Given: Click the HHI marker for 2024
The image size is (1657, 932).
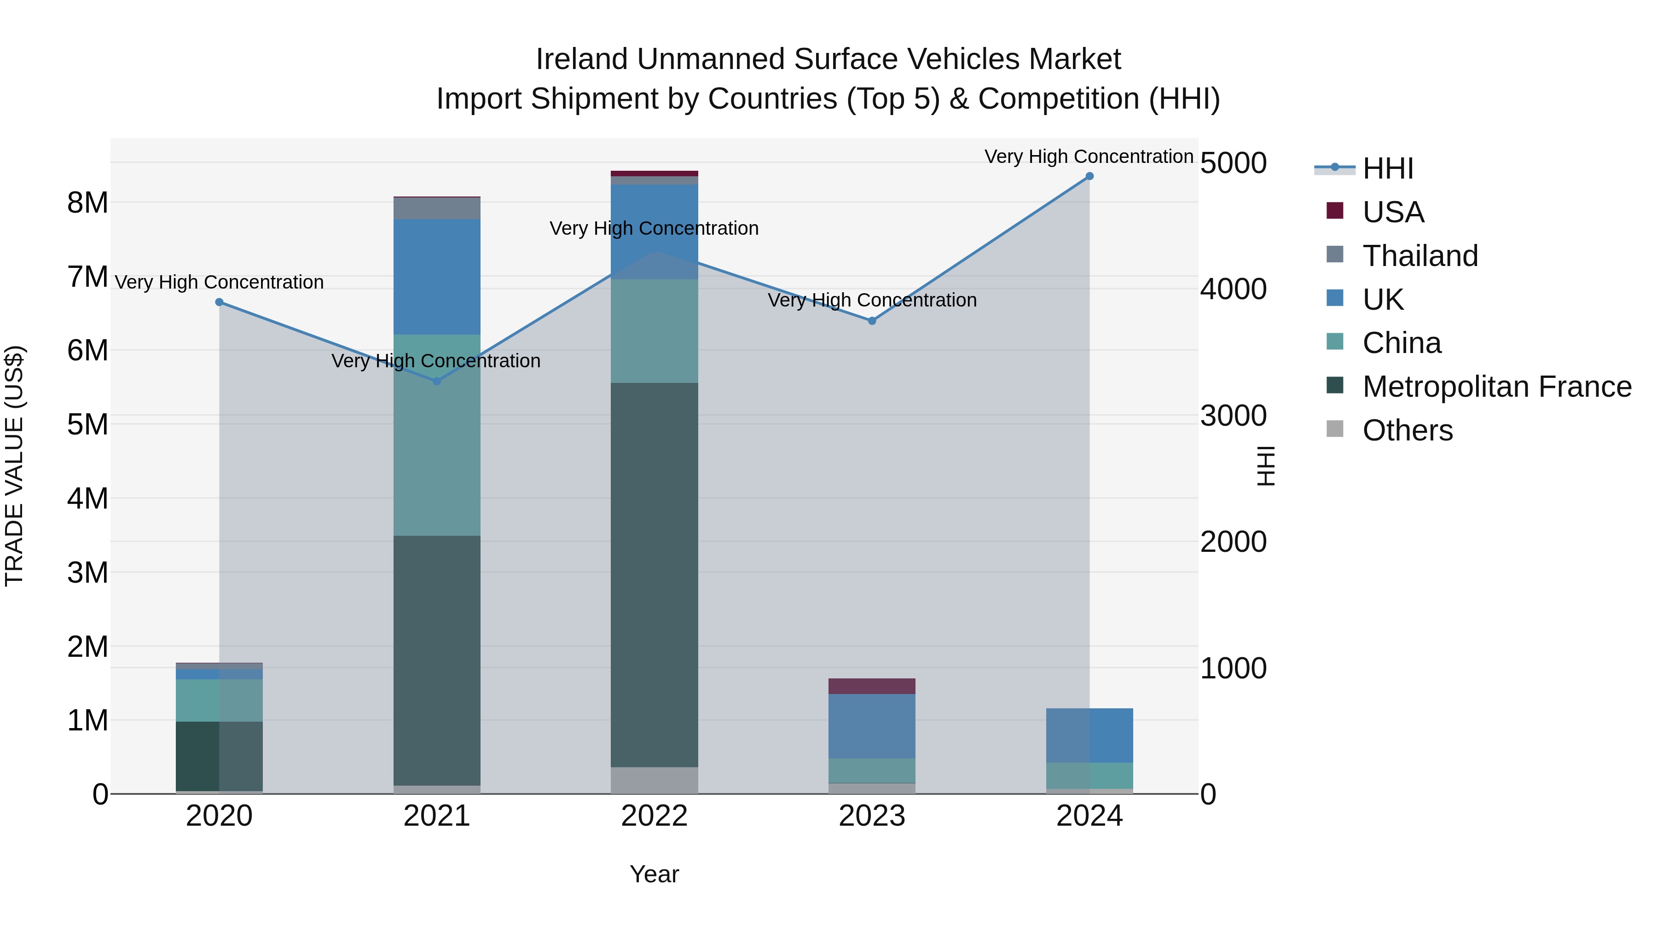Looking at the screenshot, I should tap(1089, 176).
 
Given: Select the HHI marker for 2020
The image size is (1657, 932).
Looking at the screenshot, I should tap(220, 301).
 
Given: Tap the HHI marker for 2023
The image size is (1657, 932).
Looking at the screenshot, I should tap(872, 320).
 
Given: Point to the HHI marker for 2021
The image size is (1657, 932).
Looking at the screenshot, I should tap(437, 381).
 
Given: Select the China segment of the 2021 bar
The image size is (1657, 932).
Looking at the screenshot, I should tap(437, 435).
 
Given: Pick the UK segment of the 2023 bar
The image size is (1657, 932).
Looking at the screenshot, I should tap(872, 726).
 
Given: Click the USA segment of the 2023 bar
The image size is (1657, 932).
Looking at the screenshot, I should tap(872, 686).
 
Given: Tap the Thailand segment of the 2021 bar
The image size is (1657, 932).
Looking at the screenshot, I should tap(437, 208).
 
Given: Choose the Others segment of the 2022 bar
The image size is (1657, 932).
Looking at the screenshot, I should tap(654, 780).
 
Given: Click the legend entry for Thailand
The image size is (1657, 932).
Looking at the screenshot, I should tap(1419, 255).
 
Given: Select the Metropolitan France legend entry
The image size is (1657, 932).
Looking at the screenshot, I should tap(1496, 387).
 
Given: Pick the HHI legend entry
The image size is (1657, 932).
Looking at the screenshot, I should tap(1387, 168).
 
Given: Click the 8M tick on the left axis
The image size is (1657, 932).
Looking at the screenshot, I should tap(87, 203).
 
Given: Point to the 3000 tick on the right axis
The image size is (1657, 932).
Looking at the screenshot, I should tap(1233, 416).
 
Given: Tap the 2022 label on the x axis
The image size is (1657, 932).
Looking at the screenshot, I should tap(654, 816).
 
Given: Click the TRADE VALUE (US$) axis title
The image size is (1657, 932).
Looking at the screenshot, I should tap(15, 466).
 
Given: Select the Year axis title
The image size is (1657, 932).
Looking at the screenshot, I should tap(654, 874).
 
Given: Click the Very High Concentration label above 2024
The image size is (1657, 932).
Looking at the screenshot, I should tap(1089, 156).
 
